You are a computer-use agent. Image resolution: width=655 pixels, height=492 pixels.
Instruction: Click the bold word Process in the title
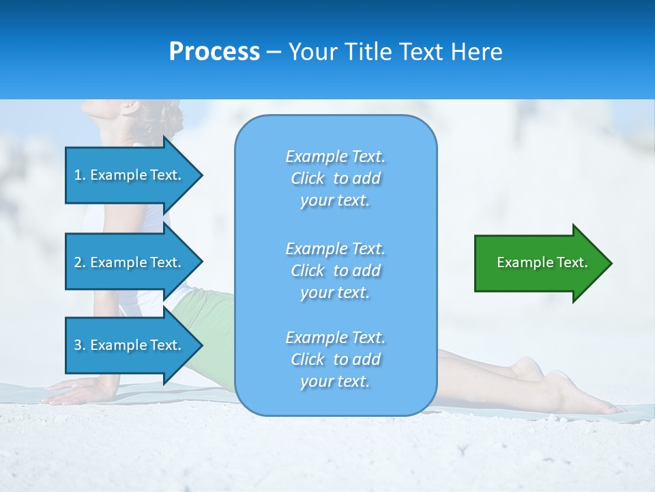(x=214, y=52)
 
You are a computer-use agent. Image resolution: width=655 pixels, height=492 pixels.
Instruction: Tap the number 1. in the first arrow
(x=80, y=175)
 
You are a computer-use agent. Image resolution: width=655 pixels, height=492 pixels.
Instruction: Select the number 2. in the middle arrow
(x=80, y=262)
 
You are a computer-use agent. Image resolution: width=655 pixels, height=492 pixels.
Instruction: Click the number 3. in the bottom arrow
(x=80, y=345)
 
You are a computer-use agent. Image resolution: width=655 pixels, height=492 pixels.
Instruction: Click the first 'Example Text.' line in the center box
(x=335, y=156)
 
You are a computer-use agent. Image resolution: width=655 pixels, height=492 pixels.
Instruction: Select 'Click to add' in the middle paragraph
(x=335, y=271)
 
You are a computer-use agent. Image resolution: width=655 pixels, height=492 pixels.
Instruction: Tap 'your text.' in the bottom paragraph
(x=335, y=381)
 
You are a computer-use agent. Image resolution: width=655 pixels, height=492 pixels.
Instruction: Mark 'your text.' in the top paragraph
(x=335, y=200)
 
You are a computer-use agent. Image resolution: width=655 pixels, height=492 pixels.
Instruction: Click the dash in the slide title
(x=274, y=53)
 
